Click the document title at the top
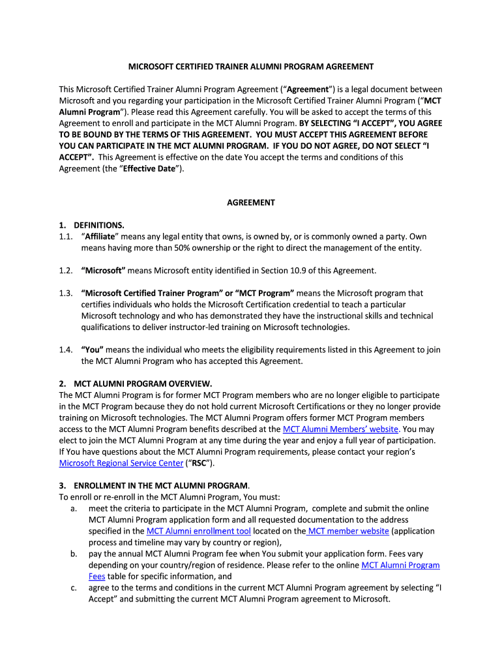[250, 67]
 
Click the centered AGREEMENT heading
[250, 202]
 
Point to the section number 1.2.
[65, 271]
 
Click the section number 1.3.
[65, 294]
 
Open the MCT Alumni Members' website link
[340, 429]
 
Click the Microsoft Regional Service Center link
[121, 463]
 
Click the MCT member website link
[348, 531]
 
